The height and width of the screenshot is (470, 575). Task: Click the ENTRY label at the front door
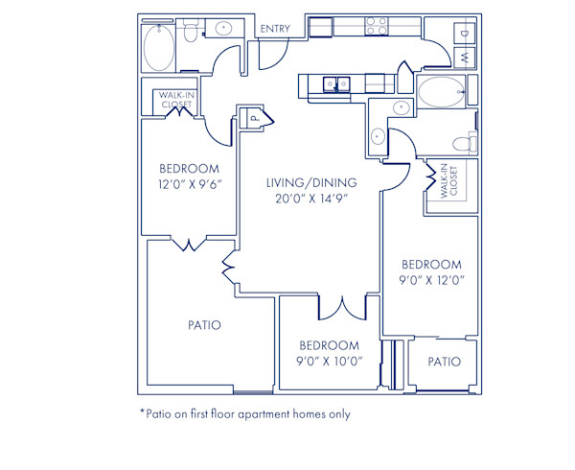point(275,29)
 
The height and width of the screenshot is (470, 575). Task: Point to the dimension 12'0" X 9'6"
point(189,185)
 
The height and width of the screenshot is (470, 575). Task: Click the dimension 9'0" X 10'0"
point(329,362)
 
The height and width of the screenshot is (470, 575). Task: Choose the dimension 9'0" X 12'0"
point(431,281)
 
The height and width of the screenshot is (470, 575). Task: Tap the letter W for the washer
point(464,59)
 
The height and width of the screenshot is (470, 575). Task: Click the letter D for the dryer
point(464,34)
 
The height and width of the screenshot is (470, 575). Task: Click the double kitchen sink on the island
point(335,85)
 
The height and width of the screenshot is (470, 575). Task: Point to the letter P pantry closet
point(254,118)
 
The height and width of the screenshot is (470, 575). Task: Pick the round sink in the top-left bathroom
point(226,28)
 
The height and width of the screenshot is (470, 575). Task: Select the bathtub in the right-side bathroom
point(440,94)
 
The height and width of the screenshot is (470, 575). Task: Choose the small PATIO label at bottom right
point(444,362)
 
